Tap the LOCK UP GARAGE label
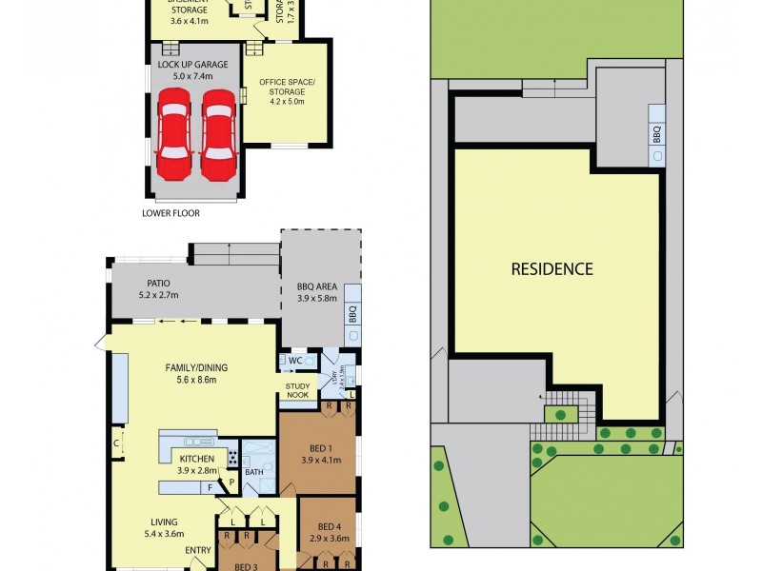click(x=193, y=64)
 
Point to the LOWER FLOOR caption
click(x=170, y=213)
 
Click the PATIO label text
click(x=158, y=283)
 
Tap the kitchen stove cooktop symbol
click(x=231, y=458)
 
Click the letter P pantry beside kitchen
click(x=231, y=482)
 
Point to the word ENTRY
click(x=199, y=550)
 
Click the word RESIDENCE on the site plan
click(x=551, y=268)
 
